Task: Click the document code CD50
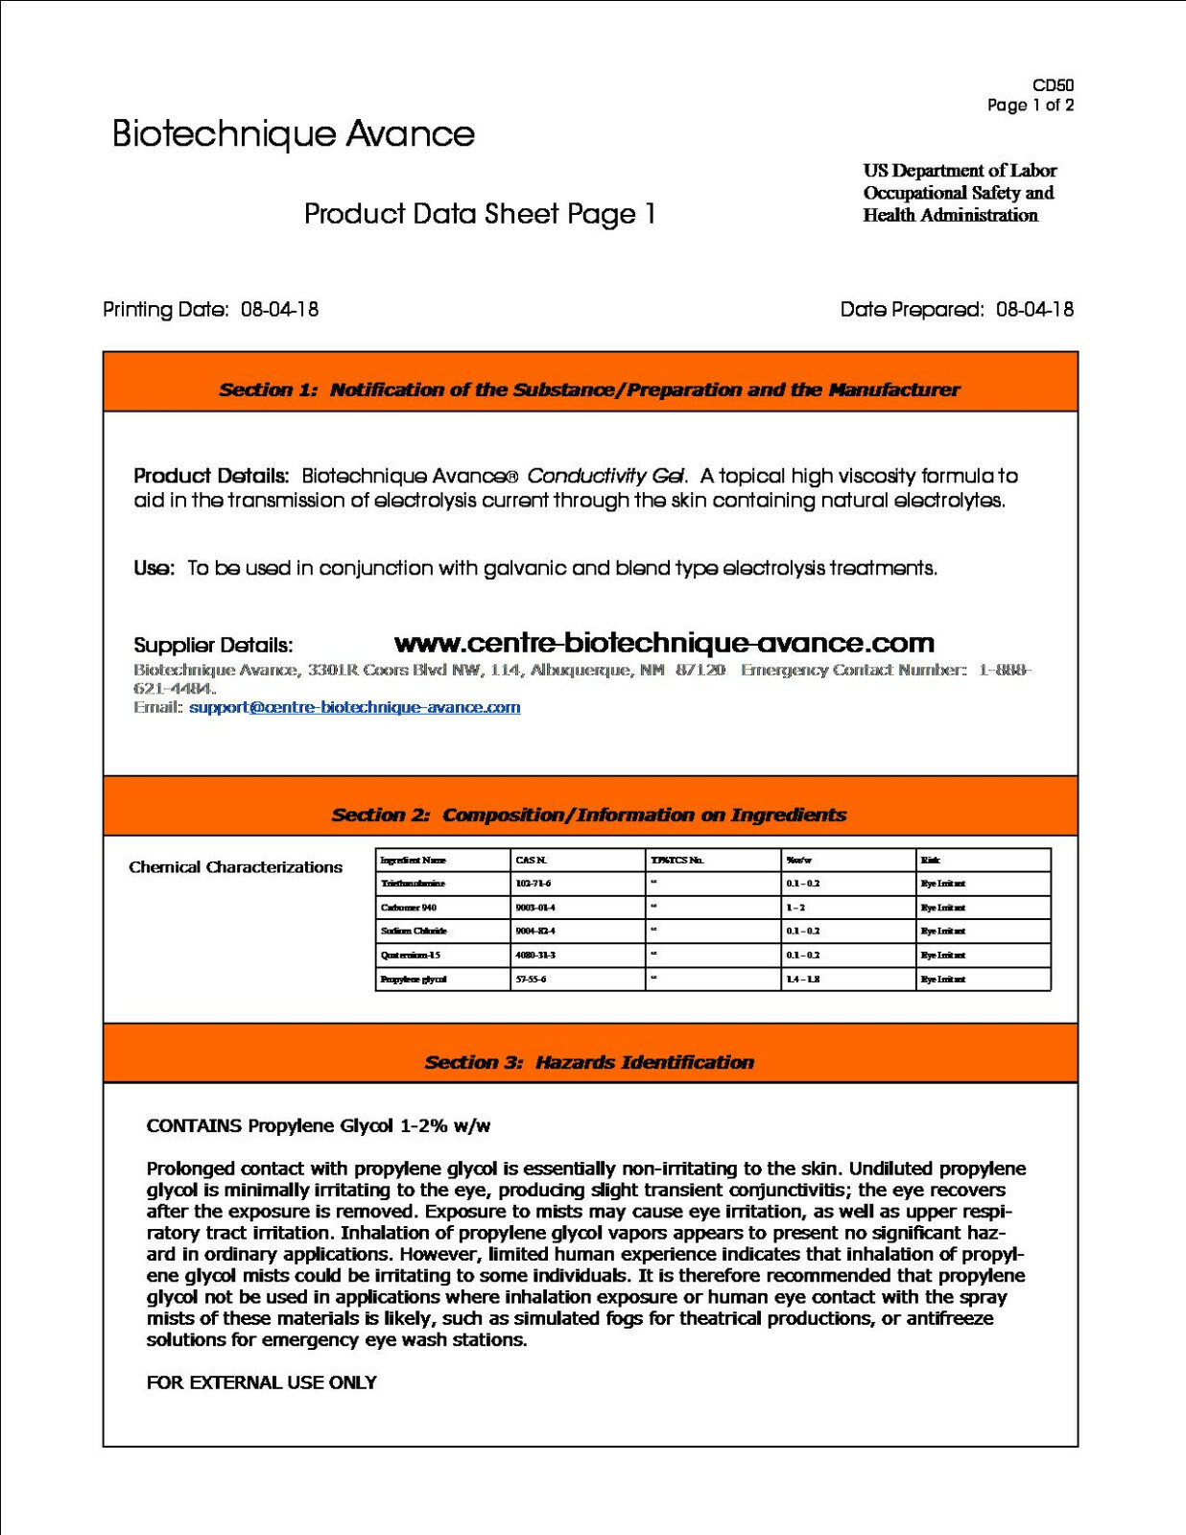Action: point(1053,85)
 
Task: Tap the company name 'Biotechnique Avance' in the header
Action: point(293,134)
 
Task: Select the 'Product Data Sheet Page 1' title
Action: point(480,214)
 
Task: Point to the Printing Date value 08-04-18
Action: point(279,310)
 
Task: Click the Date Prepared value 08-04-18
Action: point(1034,310)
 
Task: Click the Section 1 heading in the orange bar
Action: point(589,390)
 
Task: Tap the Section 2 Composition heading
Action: point(589,815)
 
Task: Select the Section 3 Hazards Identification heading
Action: point(589,1062)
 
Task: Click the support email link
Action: point(354,707)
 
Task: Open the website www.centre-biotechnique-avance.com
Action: point(664,643)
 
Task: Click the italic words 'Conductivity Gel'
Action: point(606,476)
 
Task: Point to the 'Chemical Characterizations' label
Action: point(235,867)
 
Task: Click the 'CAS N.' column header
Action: point(532,861)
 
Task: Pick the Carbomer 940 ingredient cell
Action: point(409,908)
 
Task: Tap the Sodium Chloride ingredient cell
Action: point(414,932)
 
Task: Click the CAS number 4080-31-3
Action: point(535,956)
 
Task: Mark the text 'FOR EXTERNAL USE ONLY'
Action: point(261,1382)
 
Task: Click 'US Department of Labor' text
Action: point(960,171)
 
